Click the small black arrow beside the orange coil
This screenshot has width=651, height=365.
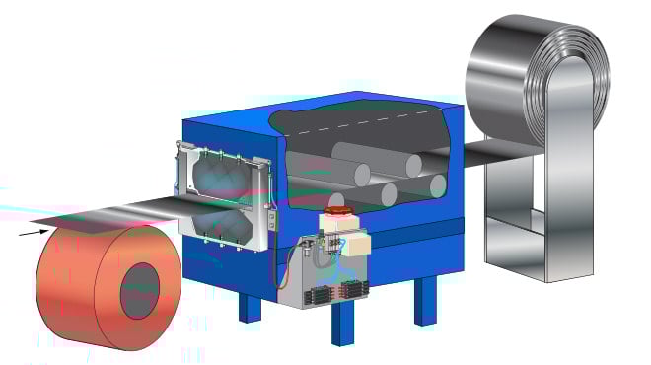36,233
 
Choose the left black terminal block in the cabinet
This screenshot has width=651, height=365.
318,292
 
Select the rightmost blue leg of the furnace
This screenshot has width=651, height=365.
425,300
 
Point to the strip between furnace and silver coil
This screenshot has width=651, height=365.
493,152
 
